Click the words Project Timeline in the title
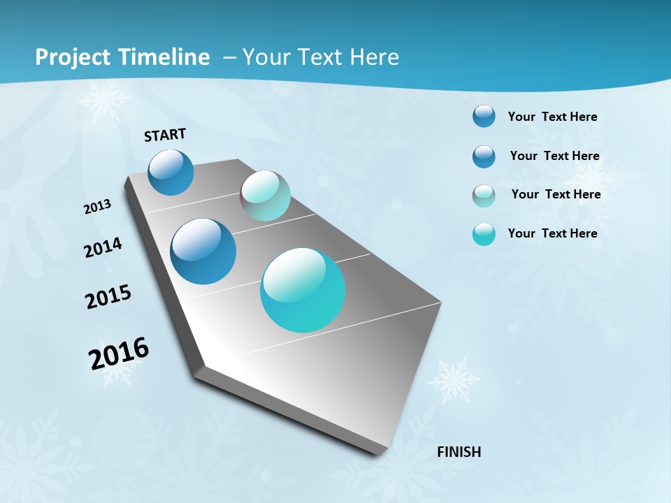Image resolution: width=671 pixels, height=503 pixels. pos(122,57)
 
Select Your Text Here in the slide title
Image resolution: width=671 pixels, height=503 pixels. pos(321,57)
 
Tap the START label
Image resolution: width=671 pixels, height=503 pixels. pos(165,135)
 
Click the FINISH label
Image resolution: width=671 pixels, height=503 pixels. pos(459,452)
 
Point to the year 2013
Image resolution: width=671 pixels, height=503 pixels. pos(98,206)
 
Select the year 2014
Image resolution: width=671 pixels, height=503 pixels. pos(103,247)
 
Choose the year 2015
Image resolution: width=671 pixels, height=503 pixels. pos(108,297)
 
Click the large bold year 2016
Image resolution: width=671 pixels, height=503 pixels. pos(119,353)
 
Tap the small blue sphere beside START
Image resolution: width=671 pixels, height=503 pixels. pos(171,172)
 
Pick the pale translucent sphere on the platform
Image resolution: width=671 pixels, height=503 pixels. pos(265,196)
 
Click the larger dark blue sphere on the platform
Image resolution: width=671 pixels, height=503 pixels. pos(203,251)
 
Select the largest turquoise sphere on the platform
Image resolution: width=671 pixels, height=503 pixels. pos(303,290)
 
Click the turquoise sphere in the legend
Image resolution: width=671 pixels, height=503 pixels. pos(484,234)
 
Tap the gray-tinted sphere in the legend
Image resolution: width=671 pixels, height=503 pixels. pos(484,196)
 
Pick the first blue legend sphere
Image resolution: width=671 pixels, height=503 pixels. pos(484,116)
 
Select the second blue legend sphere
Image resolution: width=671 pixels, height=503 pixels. pos(484,156)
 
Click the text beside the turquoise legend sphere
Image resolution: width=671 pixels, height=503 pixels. pos(552,233)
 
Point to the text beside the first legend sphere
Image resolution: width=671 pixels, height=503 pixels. pos(552,117)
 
